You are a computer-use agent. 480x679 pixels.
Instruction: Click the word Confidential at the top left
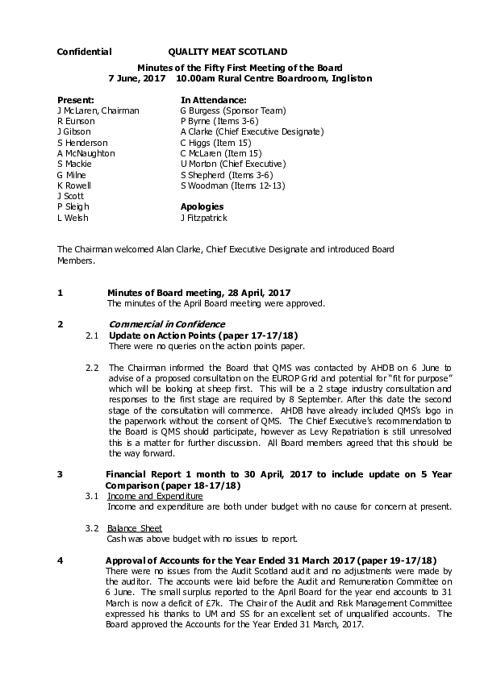coord(84,52)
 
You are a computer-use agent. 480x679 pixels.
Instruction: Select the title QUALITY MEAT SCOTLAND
coord(227,52)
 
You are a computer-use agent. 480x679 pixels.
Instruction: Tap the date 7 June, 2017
coord(136,79)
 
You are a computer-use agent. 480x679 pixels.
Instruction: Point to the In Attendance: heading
coord(213,99)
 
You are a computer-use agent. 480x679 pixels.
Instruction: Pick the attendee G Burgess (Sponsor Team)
coord(232,110)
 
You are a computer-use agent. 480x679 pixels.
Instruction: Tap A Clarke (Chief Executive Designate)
coord(252,131)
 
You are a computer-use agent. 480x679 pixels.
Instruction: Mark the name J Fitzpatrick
coord(203,218)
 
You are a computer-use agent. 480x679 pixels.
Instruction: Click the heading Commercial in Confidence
coord(167,324)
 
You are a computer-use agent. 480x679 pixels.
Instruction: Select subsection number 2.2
coord(92,368)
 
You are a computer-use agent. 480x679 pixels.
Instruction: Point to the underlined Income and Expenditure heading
coord(155,496)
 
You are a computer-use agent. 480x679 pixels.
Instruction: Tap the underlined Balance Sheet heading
coord(135,528)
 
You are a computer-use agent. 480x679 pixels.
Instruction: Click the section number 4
coord(60,560)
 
